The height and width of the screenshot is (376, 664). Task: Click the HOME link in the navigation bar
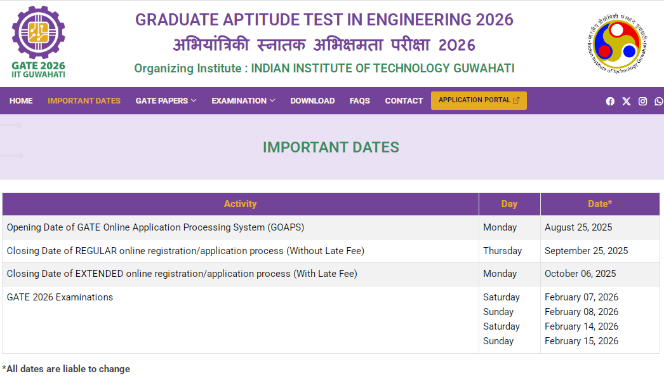(21, 101)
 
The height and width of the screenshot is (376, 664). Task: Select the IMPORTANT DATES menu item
(84, 101)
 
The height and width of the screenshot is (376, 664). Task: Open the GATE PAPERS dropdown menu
(166, 101)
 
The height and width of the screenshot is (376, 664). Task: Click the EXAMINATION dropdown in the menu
(243, 101)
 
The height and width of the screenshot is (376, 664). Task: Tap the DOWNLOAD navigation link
(312, 101)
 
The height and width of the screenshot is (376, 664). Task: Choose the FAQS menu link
(360, 101)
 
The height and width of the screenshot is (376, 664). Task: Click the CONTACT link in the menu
(404, 101)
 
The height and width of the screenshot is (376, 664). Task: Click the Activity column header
(240, 204)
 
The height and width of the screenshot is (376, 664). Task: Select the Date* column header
(600, 204)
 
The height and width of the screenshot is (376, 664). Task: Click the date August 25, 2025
(578, 227)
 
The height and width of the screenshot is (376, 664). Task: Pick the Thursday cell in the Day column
(502, 251)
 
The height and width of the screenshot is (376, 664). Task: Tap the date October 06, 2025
(580, 274)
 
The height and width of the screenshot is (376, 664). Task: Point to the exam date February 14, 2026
(581, 326)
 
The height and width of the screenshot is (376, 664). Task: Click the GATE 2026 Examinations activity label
(60, 297)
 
